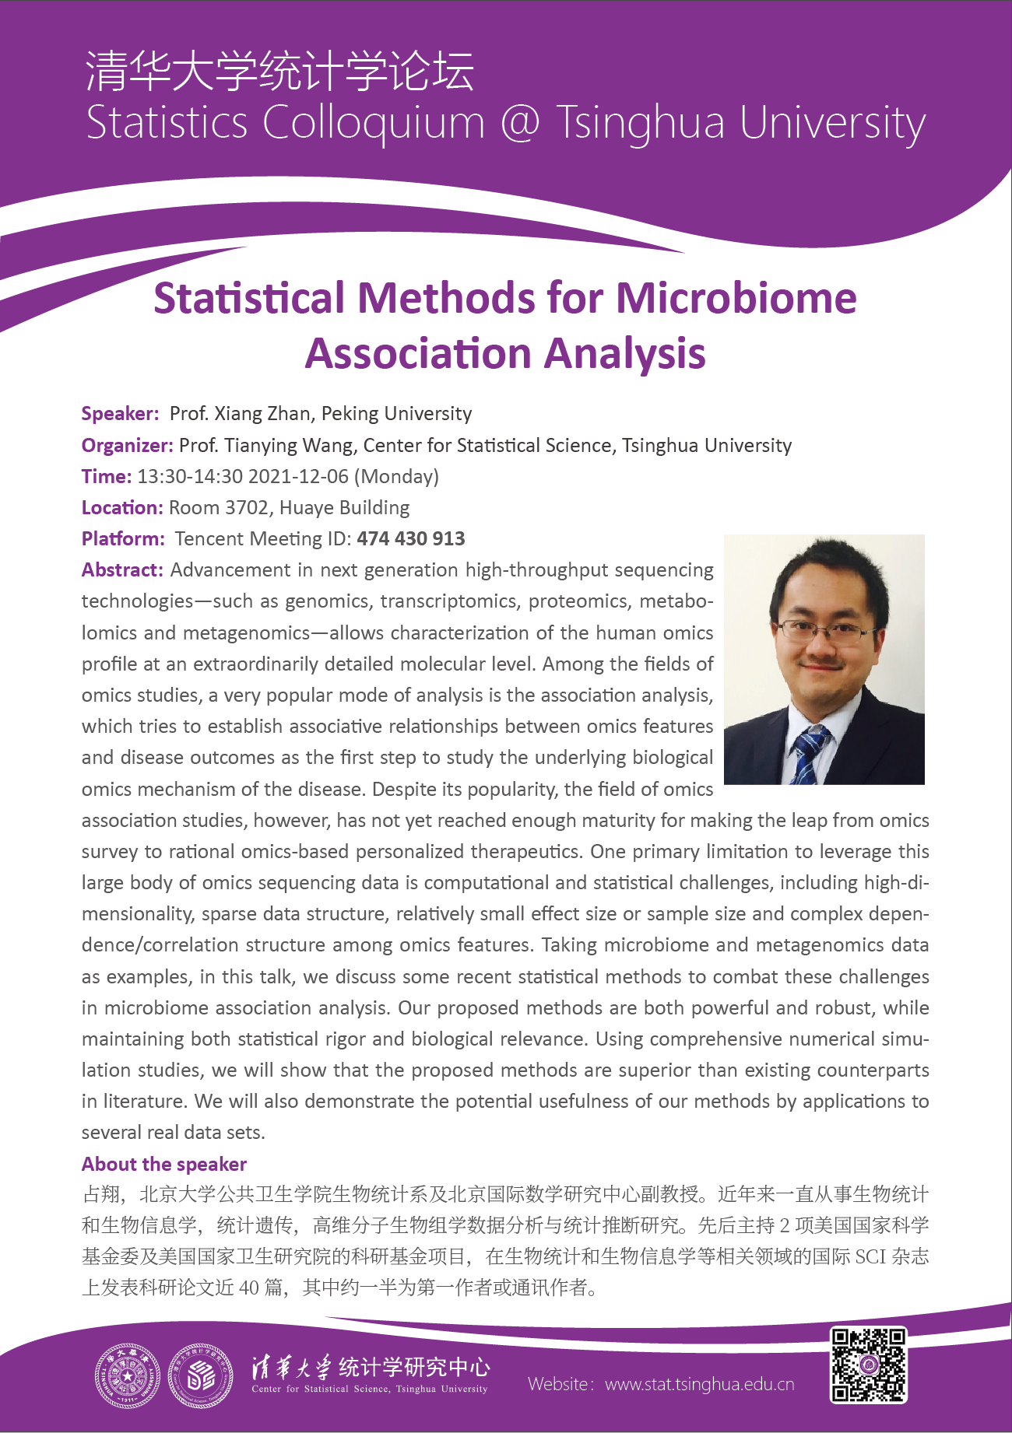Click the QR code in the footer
click(x=868, y=1364)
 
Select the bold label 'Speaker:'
click(x=121, y=413)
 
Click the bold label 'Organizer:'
click(x=128, y=445)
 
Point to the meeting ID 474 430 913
click(x=410, y=538)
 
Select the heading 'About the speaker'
click(x=164, y=1164)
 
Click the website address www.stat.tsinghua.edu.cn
click(x=699, y=1384)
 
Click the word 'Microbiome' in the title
click(x=736, y=298)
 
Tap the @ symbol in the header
click(x=520, y=123)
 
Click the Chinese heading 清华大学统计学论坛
click(x=279, y=71)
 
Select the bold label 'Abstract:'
click(x=122, y=569)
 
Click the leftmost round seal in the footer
click(x=127, y=1376)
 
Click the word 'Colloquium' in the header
click(x=374, y=123)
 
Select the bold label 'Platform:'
click(x=123, y=538)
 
